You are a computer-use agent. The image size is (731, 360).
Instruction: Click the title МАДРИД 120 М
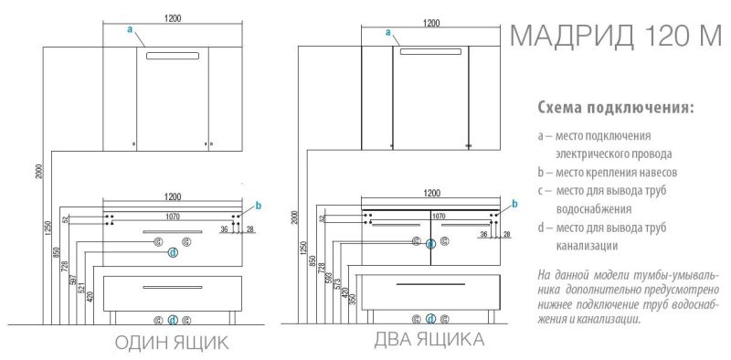click(615, 36)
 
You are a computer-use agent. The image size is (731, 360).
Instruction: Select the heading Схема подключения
click(616, 109)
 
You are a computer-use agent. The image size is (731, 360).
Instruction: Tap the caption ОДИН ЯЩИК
click(172, 344)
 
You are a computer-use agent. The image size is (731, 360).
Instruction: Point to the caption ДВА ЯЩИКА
click(429, 340)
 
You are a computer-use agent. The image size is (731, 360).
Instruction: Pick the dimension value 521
click(81, 289)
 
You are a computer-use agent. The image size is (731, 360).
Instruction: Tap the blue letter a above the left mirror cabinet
click(130, 29)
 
